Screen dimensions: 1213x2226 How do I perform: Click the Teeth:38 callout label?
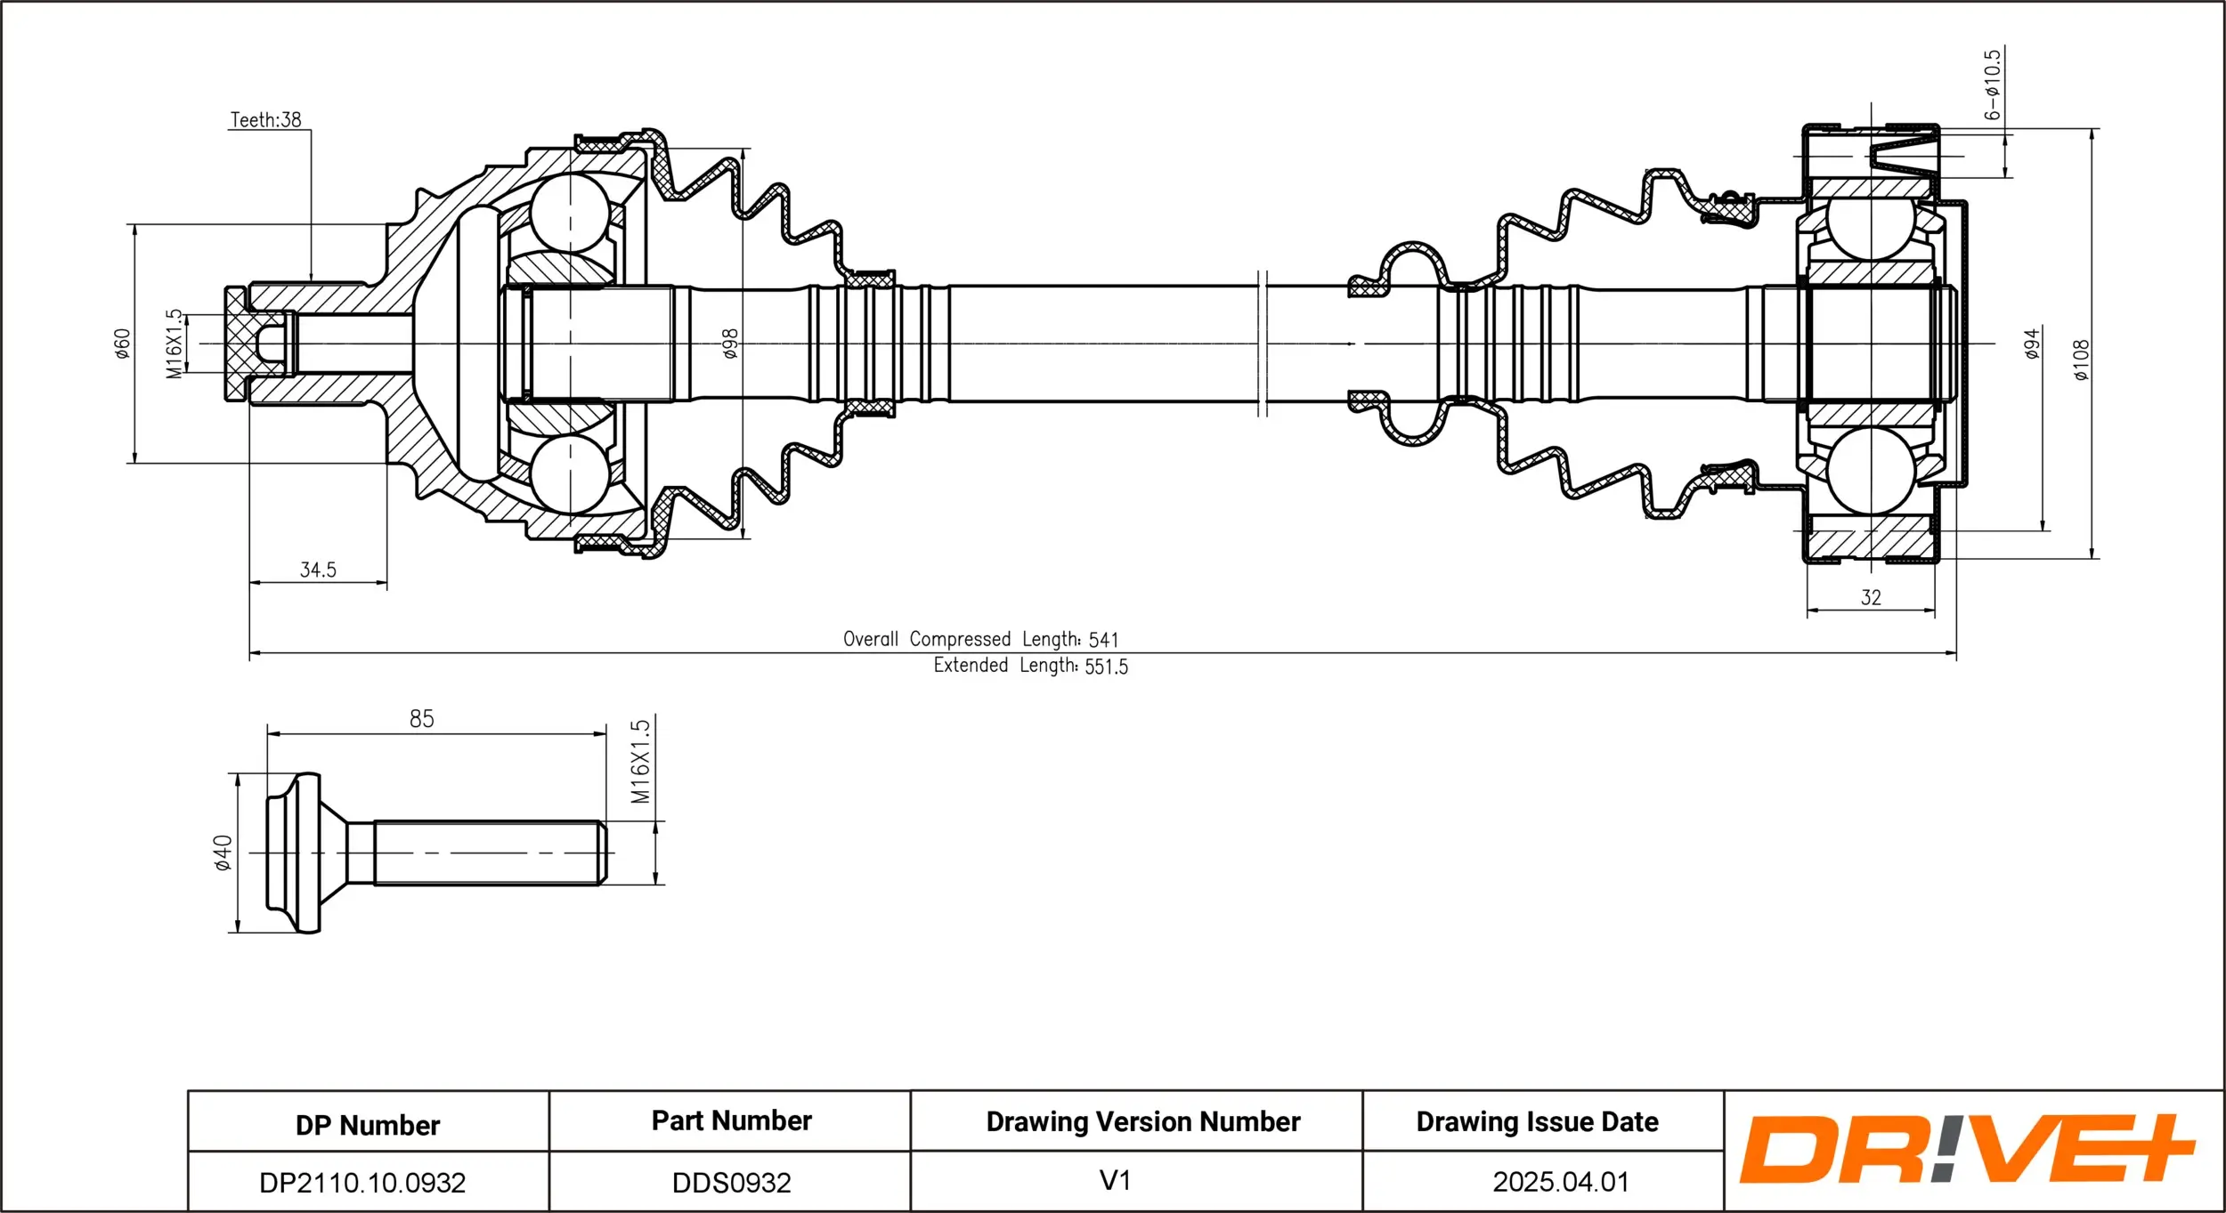coord(265,119)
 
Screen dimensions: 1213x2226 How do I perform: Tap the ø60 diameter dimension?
coord(123,343)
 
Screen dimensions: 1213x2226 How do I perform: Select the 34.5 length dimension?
coord(318,570)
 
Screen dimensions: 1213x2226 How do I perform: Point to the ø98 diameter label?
coord(730,343)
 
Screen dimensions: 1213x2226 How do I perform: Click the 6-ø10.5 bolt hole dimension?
coord(1992,85)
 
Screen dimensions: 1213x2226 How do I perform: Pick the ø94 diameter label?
coord(2032,343)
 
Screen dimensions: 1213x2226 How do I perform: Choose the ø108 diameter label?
coord(2081,360)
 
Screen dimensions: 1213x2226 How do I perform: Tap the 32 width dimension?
coord(1871,598)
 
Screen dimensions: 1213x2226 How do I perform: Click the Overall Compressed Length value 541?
coord(1103,640)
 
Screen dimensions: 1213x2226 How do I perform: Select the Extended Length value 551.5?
coord(1106,667)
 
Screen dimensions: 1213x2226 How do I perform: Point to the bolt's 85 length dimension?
coord(422,719)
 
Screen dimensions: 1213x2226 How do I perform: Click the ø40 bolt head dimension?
coord(223,853)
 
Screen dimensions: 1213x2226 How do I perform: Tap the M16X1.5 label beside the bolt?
coord(640,762)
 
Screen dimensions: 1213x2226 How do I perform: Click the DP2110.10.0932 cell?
coord(362,1183)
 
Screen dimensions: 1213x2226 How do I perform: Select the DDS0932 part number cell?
coord(731,1183)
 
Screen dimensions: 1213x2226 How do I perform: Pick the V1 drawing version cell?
coord(1115,1181)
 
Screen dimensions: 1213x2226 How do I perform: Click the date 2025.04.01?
coord(1561,1182)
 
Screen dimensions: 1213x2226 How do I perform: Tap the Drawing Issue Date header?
coord(1537,1122)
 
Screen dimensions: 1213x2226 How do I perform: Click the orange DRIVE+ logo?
coord(1967,1149)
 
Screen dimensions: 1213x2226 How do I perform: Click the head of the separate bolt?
coord(296,853)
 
